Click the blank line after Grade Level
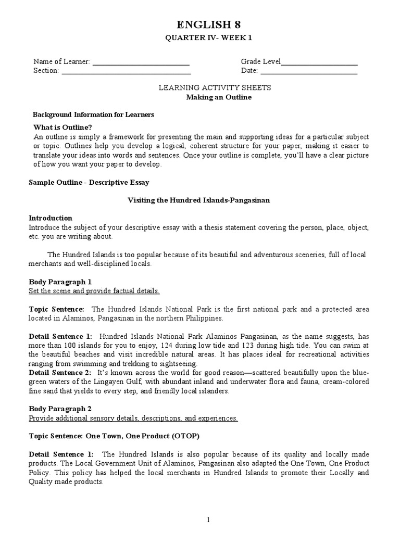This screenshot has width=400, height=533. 319,62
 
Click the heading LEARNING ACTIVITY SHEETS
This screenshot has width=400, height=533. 215,88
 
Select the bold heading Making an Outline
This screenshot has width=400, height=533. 214,97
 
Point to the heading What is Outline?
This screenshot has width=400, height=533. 63,127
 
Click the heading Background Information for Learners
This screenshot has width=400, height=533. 93,115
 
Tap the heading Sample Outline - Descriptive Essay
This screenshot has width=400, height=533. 89,182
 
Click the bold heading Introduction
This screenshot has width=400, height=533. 51,218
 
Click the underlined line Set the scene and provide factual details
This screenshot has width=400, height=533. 94,290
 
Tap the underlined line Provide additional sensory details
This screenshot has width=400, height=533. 133,418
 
